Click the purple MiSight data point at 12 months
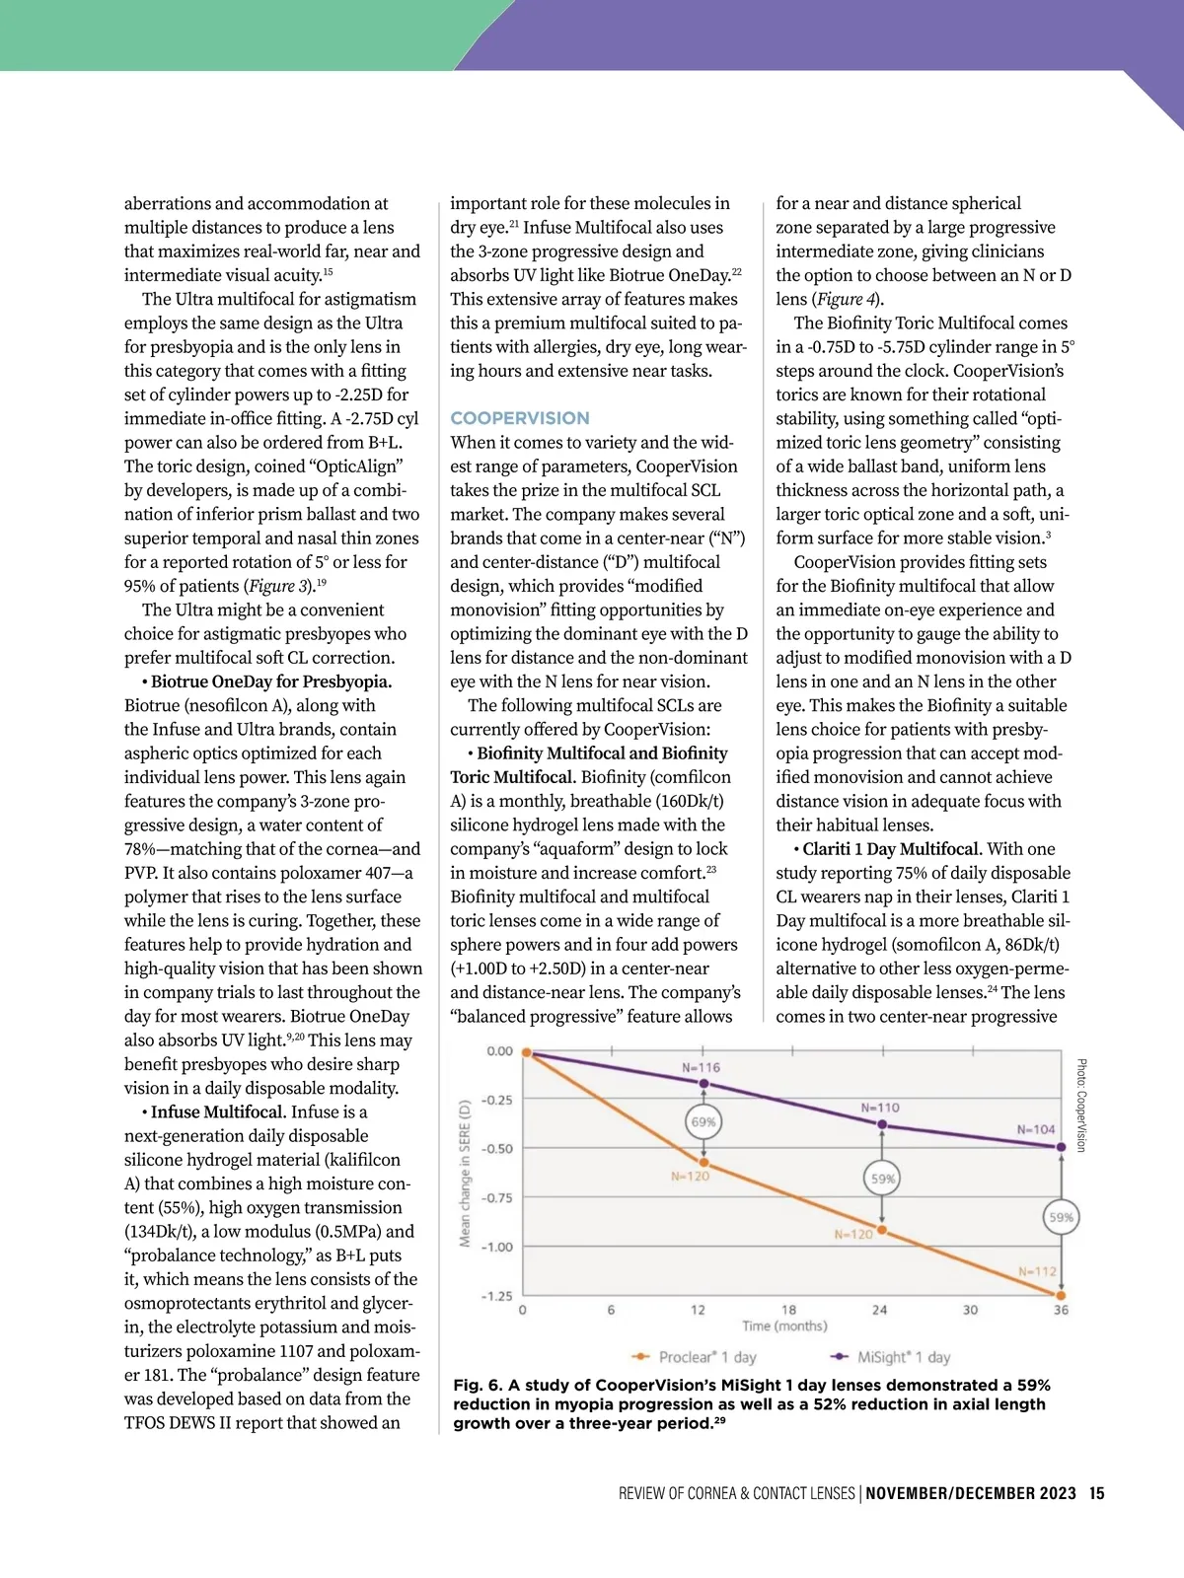tap(703, 1083)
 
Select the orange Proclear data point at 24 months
tap(882, 1230)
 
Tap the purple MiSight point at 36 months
tap(1062, 1147)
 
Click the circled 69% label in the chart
tap(703, 1121)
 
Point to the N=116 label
tap(702, 1067)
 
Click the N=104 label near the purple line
tap(1036, 1129)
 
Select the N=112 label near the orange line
tap(1037, 1271)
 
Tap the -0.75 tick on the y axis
tap(497, 1197)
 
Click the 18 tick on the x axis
tap(789, 1310)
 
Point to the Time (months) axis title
tap(784, 1327)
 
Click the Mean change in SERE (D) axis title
tap(465, 1174)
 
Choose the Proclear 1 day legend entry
tap(695, 1357)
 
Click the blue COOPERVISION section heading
tap(520, 418)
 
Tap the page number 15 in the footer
tap(1097, 1493)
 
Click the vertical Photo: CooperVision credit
tap(1081, 1106)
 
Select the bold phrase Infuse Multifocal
tap(217, 1112)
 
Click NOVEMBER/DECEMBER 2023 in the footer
tap(971, 1493)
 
